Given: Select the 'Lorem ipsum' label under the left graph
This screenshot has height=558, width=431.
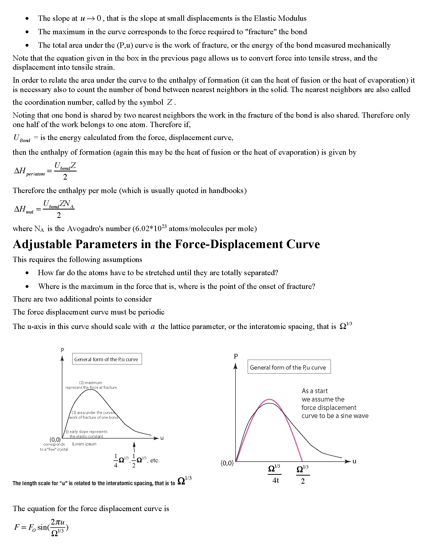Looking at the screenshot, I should pyautogui.click(x=84, y=444).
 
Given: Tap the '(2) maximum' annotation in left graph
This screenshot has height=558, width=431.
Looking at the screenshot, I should pyautogui.click(x=91, y=383).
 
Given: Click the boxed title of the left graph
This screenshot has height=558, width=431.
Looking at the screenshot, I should pyautogui.click(x=107, y=359).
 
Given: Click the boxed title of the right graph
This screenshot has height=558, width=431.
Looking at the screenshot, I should pyautogui.click(x=289, y=367).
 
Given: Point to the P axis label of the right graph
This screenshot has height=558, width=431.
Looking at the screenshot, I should pyautogui.click(x=236, y=356).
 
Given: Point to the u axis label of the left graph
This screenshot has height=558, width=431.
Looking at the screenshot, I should pyautogui.click(x=162, y=438).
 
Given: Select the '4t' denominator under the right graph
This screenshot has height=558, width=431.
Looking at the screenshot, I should pyautogui.click(x=276, y=481).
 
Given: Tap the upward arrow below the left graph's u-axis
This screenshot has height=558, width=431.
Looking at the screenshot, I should pyautogui.click(x=134, y=447).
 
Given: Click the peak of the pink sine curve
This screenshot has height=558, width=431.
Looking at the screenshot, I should pyautogui.click(x=269, y=399).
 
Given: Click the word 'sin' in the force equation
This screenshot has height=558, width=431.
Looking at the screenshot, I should pyautogui.click(x=42, y=527).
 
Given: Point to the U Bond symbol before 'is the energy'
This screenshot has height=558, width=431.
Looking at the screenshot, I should pyautogui.click(x=22, y=138).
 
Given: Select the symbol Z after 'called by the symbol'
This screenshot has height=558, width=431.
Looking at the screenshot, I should pyautogui.click(x=170, y=102).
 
